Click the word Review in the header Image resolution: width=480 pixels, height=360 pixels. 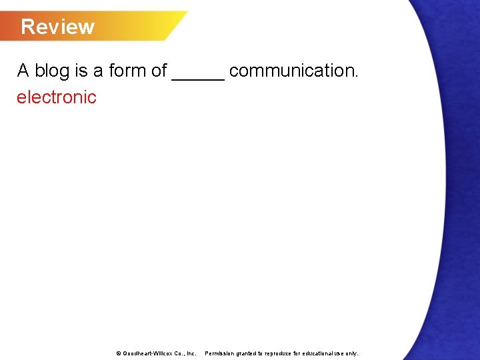tap(57, 27)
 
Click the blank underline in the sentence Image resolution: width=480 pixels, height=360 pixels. tap(198, 77)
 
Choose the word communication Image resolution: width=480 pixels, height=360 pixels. tap(293, 71)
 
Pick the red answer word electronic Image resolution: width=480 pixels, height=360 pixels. tap(57, 97)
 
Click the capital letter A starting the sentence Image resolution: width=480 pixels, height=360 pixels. tap(23, 71)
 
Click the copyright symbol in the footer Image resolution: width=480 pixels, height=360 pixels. tap(119, 353)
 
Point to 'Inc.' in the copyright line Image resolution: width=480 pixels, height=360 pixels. tap(191, 353)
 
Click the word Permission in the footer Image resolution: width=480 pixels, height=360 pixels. tap(220, 353)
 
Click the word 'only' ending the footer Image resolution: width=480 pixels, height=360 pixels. tap(351, 353)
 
